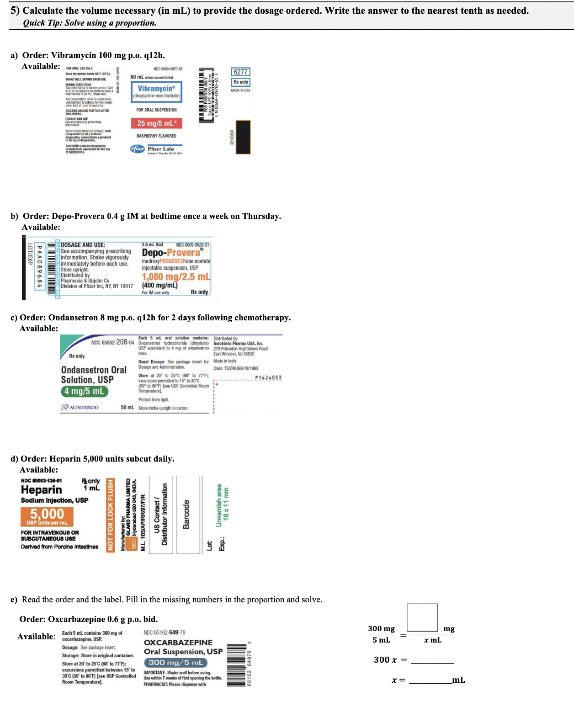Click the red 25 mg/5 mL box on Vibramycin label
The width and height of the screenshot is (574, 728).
(157, 123)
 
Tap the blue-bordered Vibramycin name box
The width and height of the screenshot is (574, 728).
(156, 91)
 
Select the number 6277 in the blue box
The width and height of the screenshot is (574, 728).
(240, 72)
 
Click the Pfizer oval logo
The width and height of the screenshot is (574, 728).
(138, 149)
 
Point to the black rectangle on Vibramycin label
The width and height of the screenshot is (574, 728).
(243, 137)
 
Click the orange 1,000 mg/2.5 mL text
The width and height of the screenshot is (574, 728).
(176, 276)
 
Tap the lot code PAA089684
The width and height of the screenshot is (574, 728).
(39, 267)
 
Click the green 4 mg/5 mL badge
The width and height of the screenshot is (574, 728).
(85, 391)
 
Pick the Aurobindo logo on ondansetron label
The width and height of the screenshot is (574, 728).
(80, 407)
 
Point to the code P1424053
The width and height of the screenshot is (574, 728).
(268, 377)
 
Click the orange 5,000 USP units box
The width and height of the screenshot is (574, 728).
(47, 516)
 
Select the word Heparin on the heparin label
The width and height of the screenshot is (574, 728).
(41, 490)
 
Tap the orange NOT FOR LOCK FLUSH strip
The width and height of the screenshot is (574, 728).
(110, 515)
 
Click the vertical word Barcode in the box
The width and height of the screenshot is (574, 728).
(186, 515)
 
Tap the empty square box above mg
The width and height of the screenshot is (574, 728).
(422, 617)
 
